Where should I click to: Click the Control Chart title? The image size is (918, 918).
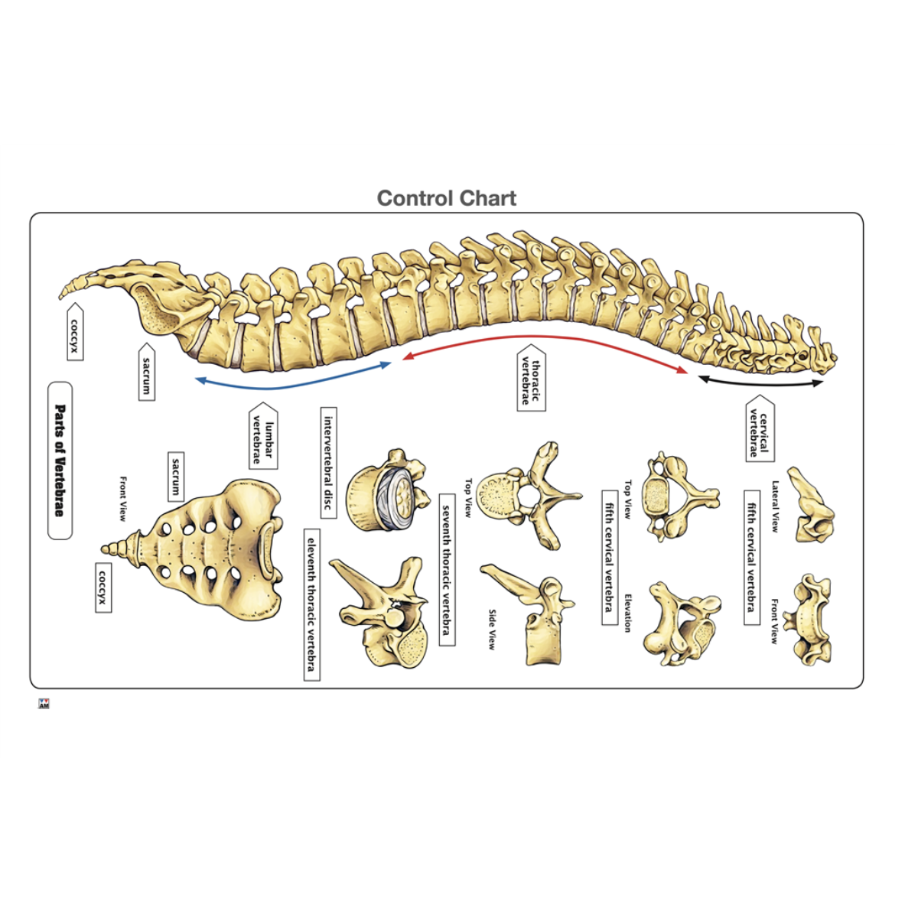[x=447, y=199]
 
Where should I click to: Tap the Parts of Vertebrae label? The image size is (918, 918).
[x=60, y=461]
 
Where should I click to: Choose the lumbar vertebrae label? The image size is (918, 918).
[x=262, y=435]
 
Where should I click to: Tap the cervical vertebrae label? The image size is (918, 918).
[x=759, y=428]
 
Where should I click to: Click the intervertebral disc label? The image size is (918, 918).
[x=328, y=463]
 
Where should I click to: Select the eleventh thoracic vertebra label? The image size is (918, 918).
[x=311, y=604]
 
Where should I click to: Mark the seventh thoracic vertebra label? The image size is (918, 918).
[x=447, y=569]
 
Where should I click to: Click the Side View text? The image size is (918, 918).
[x=492, y=630]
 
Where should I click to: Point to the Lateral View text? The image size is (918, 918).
[x=775, y=506]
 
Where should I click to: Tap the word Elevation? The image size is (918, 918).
[x=627, y=613]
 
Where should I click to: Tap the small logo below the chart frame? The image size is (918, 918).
[x=44, y=704]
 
